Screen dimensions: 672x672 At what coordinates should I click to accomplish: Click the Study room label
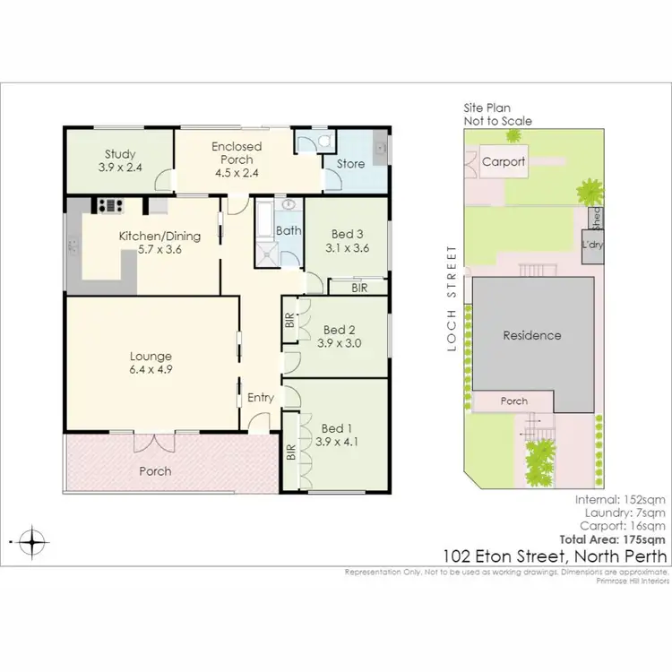(118, 153)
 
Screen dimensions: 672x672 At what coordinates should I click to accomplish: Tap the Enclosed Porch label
(237, 146)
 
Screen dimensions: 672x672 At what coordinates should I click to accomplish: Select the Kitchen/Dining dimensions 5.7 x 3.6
(160, 250)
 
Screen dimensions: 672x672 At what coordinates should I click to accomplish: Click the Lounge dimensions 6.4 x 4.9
(151, 368)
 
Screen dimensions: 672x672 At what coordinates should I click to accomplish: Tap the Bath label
(289, 230)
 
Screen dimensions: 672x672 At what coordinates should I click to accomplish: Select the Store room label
(350, 164)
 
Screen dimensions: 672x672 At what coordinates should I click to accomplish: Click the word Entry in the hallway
(261, 397)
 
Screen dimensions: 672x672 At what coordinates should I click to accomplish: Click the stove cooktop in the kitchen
(110, 204)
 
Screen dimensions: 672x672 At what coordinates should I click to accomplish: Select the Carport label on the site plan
(504, 162)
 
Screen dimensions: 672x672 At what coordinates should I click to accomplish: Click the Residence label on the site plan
(531, 335)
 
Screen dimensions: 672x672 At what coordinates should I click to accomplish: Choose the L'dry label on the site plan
(591, 245)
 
